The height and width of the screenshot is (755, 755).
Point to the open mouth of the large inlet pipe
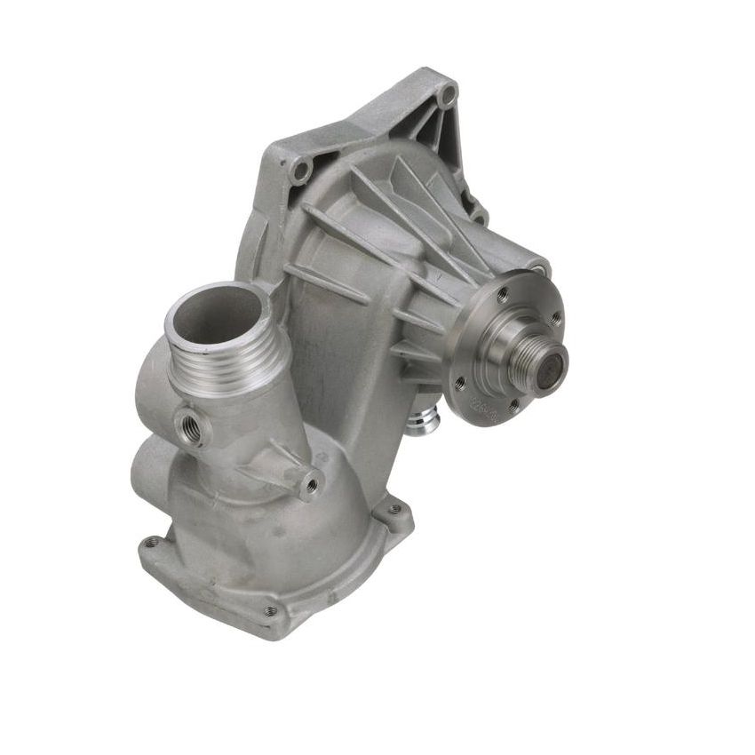click(x=216, y=314)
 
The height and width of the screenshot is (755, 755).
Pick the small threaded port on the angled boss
click(x=312, y=485)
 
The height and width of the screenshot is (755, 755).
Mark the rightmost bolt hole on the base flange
click(x=395, y=510)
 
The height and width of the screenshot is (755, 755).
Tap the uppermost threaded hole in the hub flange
click(x=504, y=291)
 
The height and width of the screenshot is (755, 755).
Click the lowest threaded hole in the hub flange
click(x=513, y=407)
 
